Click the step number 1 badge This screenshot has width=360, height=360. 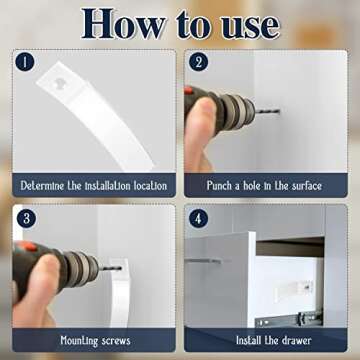coord(24,62)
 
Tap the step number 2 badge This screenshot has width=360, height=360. coord(199,62)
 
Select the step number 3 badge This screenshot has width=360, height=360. coord(26,219)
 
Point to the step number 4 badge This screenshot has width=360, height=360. coord(199,219)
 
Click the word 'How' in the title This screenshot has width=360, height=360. coord(123,23)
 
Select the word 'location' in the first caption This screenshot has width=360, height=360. coord(150,185)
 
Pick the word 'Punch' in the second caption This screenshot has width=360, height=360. coord(219,185)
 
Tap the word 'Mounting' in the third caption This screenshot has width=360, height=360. coord(80,341)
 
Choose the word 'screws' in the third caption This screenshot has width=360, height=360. coord(117,341)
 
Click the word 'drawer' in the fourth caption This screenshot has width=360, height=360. coord(295,341)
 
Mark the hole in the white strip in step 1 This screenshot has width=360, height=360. coord(60,82)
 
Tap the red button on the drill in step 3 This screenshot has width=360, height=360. coord(28,246)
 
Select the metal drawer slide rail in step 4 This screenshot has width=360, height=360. coord(288,320)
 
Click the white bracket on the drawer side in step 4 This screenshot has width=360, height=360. coord(294,288)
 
